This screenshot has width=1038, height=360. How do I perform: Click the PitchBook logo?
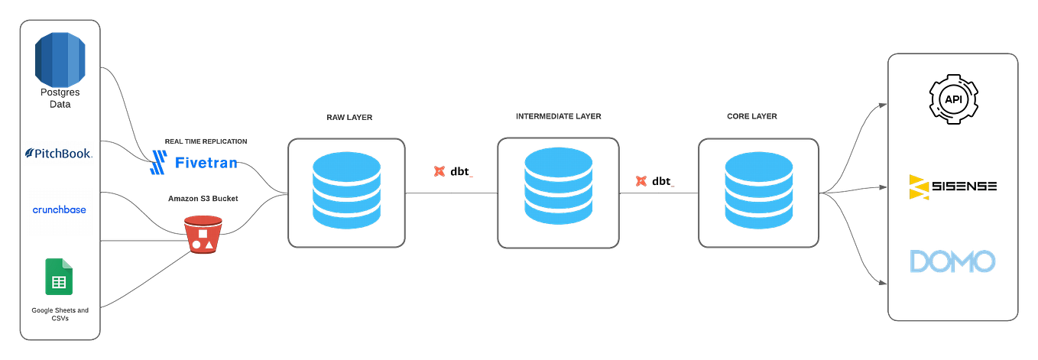59,154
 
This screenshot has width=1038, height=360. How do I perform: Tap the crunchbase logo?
59,210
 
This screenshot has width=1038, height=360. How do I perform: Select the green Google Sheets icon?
59,278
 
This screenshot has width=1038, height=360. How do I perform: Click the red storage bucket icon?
202,235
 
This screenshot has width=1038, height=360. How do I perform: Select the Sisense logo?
952,186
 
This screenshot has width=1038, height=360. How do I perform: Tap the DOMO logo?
952,261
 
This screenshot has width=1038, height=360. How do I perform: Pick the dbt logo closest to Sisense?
654,182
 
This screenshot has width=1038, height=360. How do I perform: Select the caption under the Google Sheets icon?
60,314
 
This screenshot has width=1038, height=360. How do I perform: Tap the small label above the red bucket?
203,198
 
